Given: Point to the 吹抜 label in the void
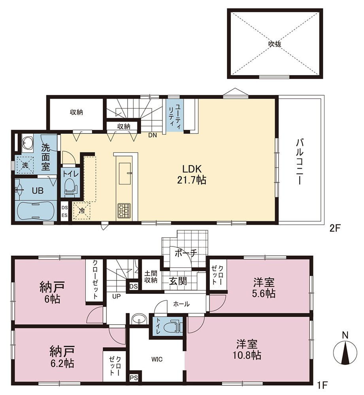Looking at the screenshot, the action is [275, 44].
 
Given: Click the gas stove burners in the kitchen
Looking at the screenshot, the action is [124, 211].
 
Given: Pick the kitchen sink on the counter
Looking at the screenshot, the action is [124, 173].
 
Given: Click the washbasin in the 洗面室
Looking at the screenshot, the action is [28, 144].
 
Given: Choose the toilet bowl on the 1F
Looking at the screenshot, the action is [172, 327].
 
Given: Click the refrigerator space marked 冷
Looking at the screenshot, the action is [81, 211].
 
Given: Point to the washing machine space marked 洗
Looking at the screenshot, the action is [25, 165].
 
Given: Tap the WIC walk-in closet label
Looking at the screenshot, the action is [157, 359].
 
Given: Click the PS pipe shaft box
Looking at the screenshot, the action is [134, 378].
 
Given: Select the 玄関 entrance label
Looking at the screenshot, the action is [178, 280].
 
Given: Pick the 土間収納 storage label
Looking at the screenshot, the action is [151, 276].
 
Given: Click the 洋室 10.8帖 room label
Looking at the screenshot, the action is [247, 349].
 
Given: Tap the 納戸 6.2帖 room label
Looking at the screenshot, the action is [62, 356].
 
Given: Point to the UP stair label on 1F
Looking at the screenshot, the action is [117, 297].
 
